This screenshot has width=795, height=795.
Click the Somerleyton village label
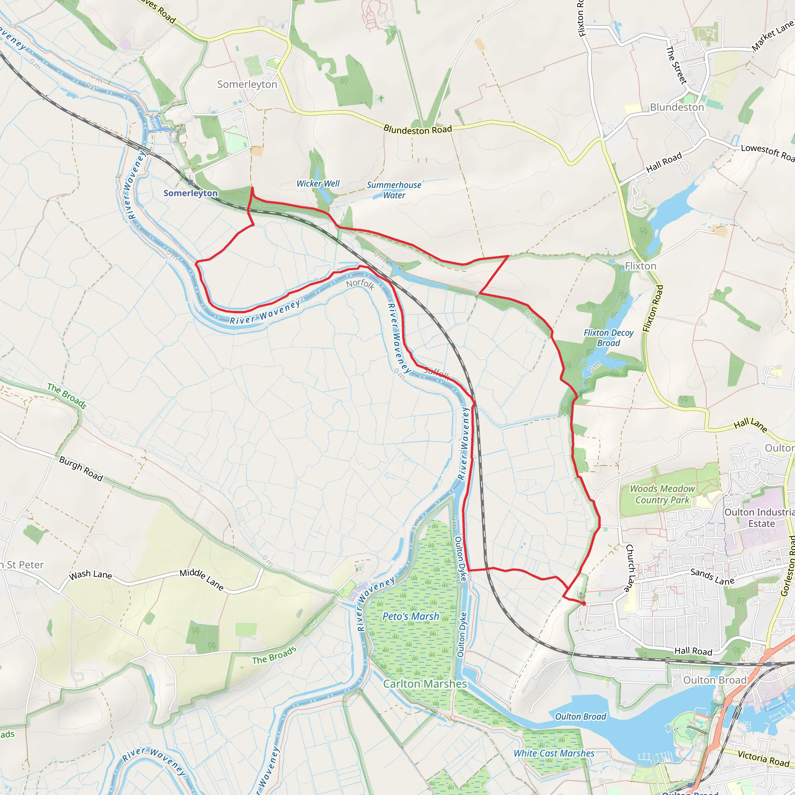pyautogui.click(x=247, y=84)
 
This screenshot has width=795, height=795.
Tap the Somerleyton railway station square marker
pyautogui.click(x=190, y=182)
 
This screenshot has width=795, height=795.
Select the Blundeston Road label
pyautogui.click(x=417, y=130)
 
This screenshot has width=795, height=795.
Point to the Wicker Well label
pyautogui.click(x=318, y=184)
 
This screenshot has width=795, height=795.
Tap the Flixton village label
pyautogui.click(x=640, y=266)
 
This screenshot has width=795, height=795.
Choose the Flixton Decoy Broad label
pyautogui.click(x=609, y=338)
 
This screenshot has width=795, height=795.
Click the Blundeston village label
pyautogui.click(x=677, y=108)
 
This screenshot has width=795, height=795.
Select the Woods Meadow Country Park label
pyautogui.click(x=662, y=494)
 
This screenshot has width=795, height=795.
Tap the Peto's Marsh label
pyautogui.click(x=411, y=616)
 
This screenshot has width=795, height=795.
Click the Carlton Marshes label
pyautogui.click(x=425, y=684)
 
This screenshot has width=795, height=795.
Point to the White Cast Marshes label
pyautogui.click(x=554, y=753)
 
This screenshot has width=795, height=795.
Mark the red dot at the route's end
pyautogui.click(x=583, y=603)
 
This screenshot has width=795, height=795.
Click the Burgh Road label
pyautogui.click(x=81, y=468)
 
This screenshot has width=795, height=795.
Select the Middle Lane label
pyautogui.click(x=201, y=580)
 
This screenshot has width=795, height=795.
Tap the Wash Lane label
pyautogui.click(x=90, y=575)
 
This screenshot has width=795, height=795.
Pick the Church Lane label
pyautogui.click(x=629, y=568)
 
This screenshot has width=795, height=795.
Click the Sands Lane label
pyautogui.click(x=712, y=576)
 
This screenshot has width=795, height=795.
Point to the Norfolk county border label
pyautogui.click(x=360, y=284)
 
